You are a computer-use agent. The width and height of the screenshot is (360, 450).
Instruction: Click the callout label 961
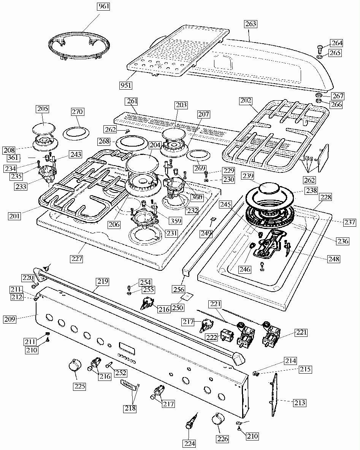click(x=102, y=6)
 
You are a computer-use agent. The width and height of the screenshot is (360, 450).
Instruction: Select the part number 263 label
click(x=250, y=24)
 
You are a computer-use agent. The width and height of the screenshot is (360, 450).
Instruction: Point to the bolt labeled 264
click(x=320, y=48)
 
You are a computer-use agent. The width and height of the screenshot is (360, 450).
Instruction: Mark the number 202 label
click(x=246, y=101)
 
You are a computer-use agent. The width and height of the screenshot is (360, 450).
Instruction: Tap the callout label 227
click(x=77, y=259)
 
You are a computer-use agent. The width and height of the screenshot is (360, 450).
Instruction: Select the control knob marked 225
click(x=75, y=367)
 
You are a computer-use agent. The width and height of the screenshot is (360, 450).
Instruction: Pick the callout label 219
click(x=102, y=282)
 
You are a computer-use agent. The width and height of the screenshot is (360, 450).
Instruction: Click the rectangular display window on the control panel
click(x=125, y=347)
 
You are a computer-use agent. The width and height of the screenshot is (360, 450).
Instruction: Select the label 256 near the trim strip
click(x=179, y=289)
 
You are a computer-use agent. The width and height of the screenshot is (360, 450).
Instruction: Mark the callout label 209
click(x=10, y=319)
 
